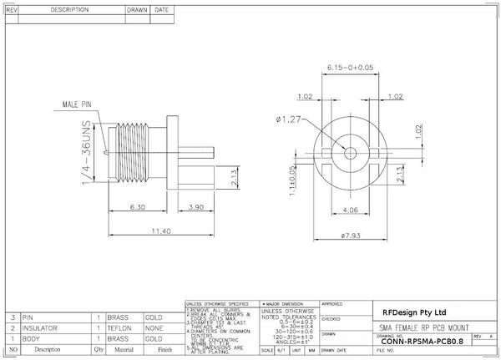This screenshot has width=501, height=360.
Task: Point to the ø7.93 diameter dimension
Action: [x=351, y=236]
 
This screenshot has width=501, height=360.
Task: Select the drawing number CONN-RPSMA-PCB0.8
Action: [x=422, y=340]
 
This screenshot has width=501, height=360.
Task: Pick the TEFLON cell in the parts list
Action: [x=124, y=328]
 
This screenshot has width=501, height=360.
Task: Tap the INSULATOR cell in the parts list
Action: [x=43, y=328]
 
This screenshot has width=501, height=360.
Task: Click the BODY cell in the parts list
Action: [x=33, y=339]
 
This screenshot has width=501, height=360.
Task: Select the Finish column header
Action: [x=159, y=350]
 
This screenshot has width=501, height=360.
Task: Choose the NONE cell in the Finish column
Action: [x=155, y=328]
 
